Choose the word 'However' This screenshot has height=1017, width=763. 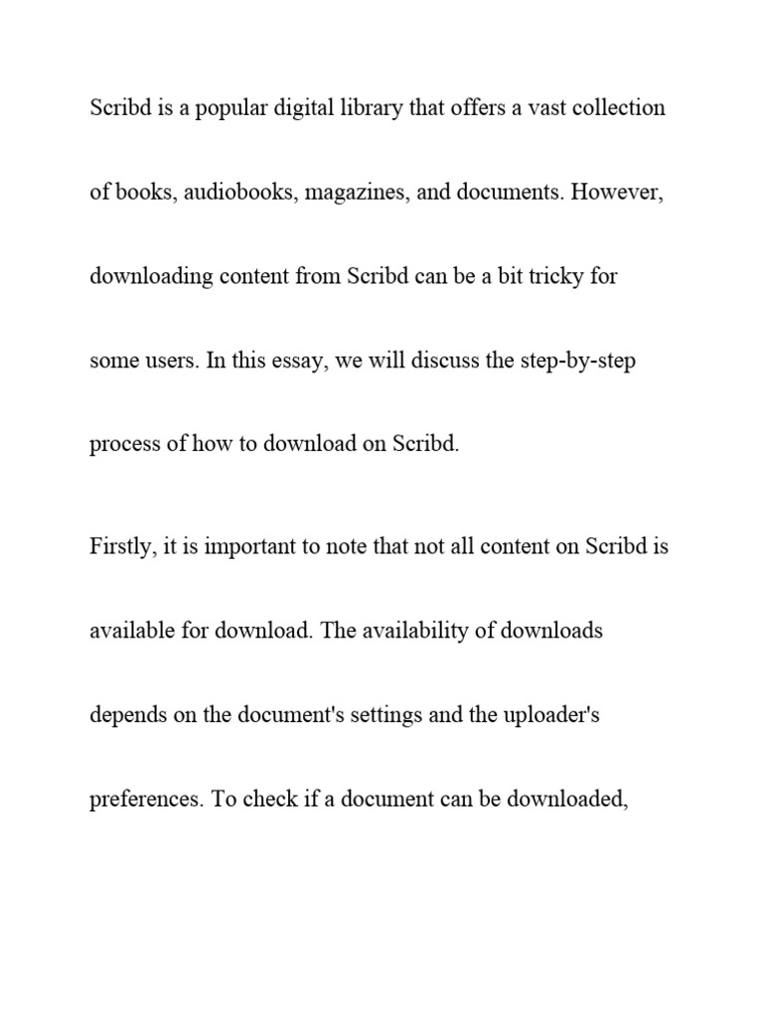616,193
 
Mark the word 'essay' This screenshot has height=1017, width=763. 299,361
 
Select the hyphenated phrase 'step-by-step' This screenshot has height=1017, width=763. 577,361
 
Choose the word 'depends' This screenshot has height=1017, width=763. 123,715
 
